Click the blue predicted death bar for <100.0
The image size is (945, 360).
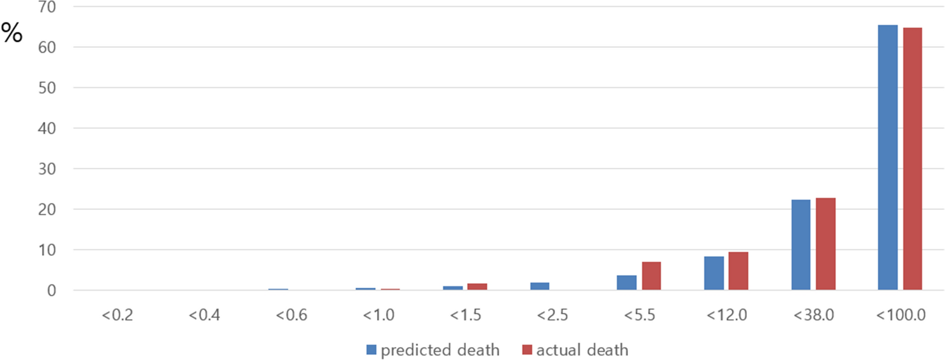(x=887, y=158)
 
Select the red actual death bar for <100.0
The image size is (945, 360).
(x=912, y=159)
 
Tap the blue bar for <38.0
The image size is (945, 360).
(x=800, y=245)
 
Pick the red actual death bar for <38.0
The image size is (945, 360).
(x=825, y=244)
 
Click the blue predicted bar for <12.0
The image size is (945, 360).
(x=714, y=273)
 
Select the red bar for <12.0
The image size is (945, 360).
(x=738, y=271)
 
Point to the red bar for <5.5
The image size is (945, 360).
(x=651, y=276)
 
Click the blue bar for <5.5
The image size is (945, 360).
(x=627, y=283)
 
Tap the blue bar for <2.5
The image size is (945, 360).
(x=540, y=286)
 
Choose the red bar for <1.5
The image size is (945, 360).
(x=477, y=287)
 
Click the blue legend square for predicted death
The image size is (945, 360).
(x=371, y=350)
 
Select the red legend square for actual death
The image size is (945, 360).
(x=527, y=350)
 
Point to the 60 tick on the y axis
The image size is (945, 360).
(x=47, y=48)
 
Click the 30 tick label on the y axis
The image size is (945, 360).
(x=47, y=169)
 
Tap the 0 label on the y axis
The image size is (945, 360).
(x=51, y=291)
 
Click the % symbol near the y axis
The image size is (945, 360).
(x=12, y=33)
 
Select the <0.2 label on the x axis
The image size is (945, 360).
(x=117, y=315)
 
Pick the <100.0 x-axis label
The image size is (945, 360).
(x=901, y=315)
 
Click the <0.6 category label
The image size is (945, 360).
(x=291, y=315)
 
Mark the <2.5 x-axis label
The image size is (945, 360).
(x=552, y=315)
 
